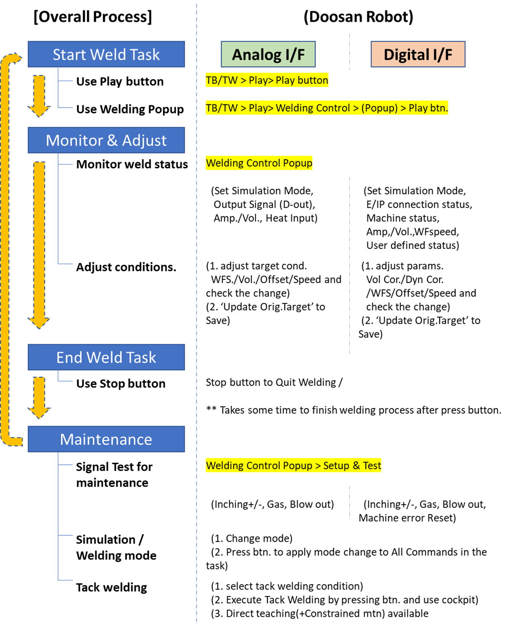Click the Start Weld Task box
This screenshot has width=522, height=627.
point(106,54)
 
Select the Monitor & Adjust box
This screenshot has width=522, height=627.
point(106,140)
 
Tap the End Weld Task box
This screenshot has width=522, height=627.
point(106,357)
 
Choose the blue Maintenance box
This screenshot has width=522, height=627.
point(106,439)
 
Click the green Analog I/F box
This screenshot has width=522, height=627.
point(268,54)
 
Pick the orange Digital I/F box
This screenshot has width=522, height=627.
point(418,54)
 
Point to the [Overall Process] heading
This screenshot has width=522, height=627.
point(93,17)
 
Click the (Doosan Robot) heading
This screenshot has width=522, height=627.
point(358,17)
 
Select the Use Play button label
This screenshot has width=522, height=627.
point(119,81)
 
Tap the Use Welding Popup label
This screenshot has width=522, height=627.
point(130,109)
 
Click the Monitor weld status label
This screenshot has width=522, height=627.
point(132,164)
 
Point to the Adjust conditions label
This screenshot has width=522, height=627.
point(126,267)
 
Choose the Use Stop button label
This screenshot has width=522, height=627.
point(121,383)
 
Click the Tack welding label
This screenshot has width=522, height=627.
point(111,587)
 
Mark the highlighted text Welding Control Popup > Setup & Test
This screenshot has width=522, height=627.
point(293,465)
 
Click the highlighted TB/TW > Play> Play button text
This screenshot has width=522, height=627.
point(267,80)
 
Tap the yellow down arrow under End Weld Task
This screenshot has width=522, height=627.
point(39,397)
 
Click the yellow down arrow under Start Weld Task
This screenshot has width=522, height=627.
point(39,96)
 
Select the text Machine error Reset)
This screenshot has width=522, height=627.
point(407,518)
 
